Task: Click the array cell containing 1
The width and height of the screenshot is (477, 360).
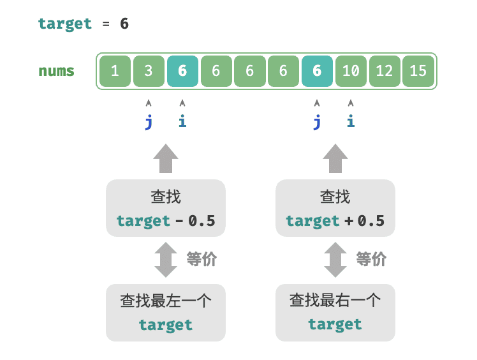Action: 115,71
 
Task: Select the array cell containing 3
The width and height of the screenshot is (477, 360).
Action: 149,71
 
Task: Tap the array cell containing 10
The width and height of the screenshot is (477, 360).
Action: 351,71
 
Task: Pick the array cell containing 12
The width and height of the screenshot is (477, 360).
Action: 385,71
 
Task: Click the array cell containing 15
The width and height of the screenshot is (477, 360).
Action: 418,71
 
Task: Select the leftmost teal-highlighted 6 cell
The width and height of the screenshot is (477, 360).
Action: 182,71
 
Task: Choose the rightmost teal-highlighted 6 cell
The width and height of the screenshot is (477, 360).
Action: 317,71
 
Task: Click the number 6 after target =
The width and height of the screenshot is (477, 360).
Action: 124,24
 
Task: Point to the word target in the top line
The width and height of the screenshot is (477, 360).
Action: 65,24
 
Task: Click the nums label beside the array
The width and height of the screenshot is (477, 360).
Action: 56,71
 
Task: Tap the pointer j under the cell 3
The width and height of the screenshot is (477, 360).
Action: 149,121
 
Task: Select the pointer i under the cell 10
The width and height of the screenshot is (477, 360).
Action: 351,121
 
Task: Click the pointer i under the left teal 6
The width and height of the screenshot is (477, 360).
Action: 182,121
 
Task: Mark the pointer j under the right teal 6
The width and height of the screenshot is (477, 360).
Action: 317,121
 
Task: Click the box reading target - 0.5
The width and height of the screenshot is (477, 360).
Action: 166,208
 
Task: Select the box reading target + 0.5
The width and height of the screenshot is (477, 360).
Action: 335,208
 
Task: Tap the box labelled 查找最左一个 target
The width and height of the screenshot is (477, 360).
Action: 166,312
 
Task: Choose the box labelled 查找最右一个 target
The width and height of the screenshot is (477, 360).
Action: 335,312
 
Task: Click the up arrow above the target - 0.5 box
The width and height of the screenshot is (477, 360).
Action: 166,158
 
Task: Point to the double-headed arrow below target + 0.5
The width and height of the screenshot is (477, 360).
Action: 335,259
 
